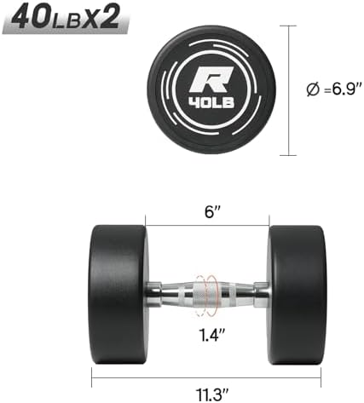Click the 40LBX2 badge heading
coord(65,18)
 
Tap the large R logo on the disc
coord(211,80)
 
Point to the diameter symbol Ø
coord(313,89)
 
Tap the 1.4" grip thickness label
coord(212,334)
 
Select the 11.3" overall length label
coord(212,394)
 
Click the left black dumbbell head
coord(118,295)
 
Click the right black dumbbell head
coord(298,295)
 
